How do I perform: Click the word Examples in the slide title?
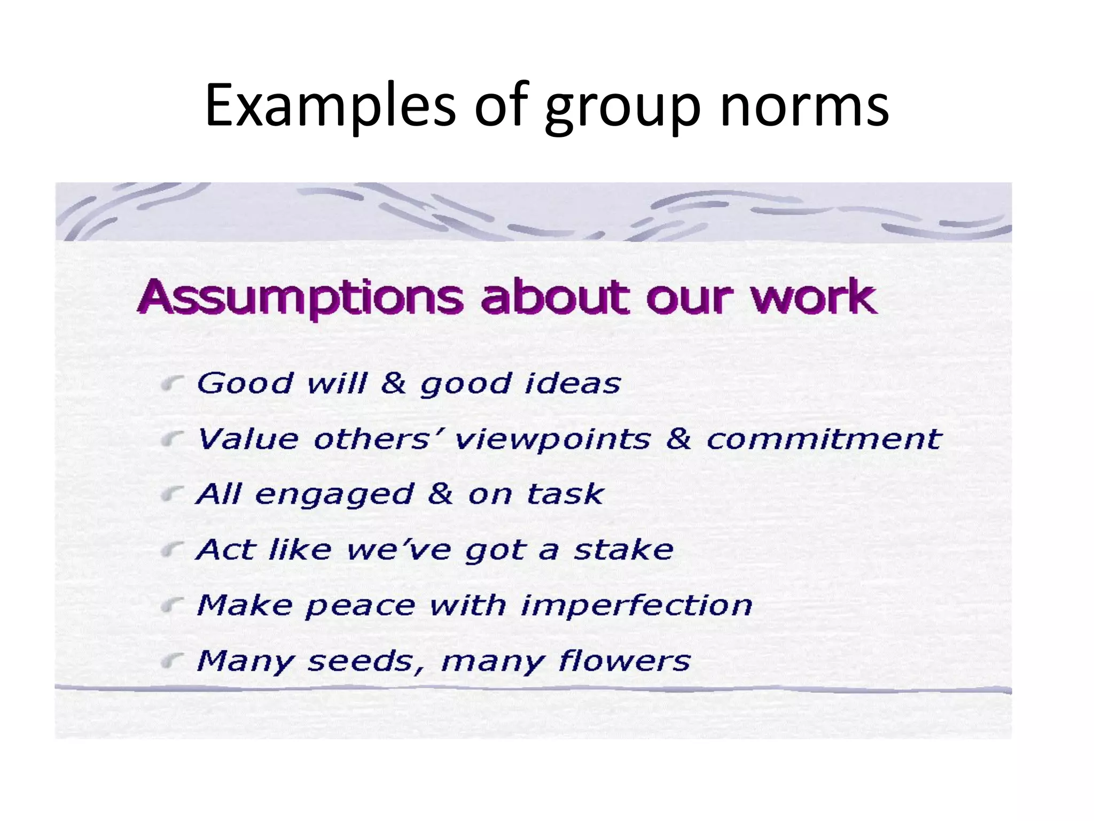331,105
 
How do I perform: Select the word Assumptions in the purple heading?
301,298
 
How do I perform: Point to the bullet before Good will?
172,383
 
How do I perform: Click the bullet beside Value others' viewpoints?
172,439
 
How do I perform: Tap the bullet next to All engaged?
172,494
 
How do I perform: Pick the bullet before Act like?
172,549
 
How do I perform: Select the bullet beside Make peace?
172,605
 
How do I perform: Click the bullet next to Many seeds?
172,661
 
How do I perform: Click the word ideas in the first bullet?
573,383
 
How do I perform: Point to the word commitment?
823,439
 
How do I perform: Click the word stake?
623,549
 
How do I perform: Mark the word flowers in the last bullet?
624,661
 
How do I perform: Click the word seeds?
361,662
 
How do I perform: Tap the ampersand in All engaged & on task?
440,494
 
